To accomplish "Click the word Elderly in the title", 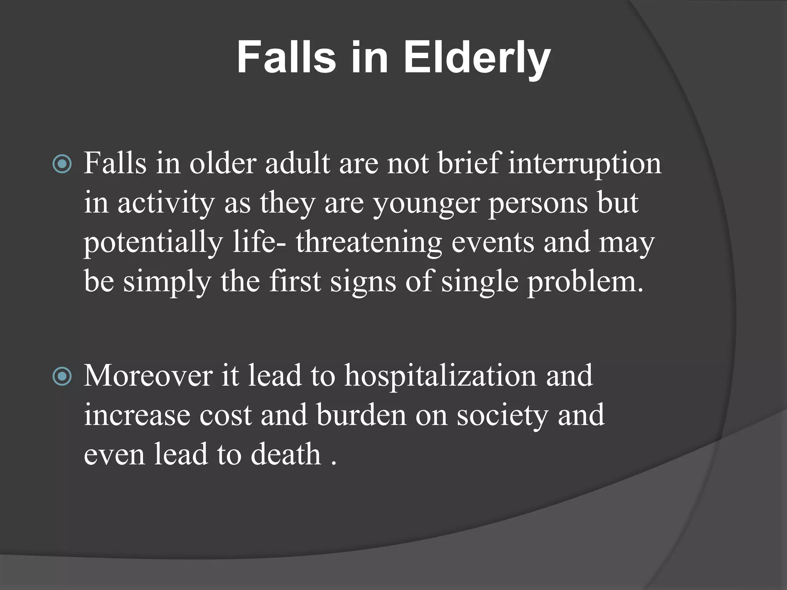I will pyautogui.click(x=477, y=58).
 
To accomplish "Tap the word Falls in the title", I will pyautogui.click(x=286, y=58).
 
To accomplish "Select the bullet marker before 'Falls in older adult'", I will pyautogui.click(x=62, y=164).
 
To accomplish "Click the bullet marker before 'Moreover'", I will pyautogui.click(x=62, y=376).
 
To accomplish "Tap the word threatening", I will pyautogui.click(x=369, y=243).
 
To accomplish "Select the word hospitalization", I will pyautogui.click(x=440, y=376).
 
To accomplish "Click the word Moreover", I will pyautogui.click(x=148, y=376).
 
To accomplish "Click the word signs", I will pyautogui.click(x=363, y=282).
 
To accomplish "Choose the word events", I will pyautogui.click(x=493, y=243).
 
